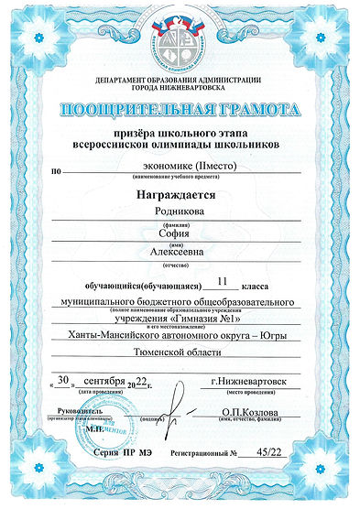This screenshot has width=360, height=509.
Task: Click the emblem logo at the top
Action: [x=180, y=47]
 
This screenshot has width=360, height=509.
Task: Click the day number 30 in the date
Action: [x=63, y=379]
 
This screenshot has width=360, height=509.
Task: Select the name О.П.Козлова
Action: [x=248, y=412]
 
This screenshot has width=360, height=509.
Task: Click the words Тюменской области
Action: [x=179, y=352]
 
